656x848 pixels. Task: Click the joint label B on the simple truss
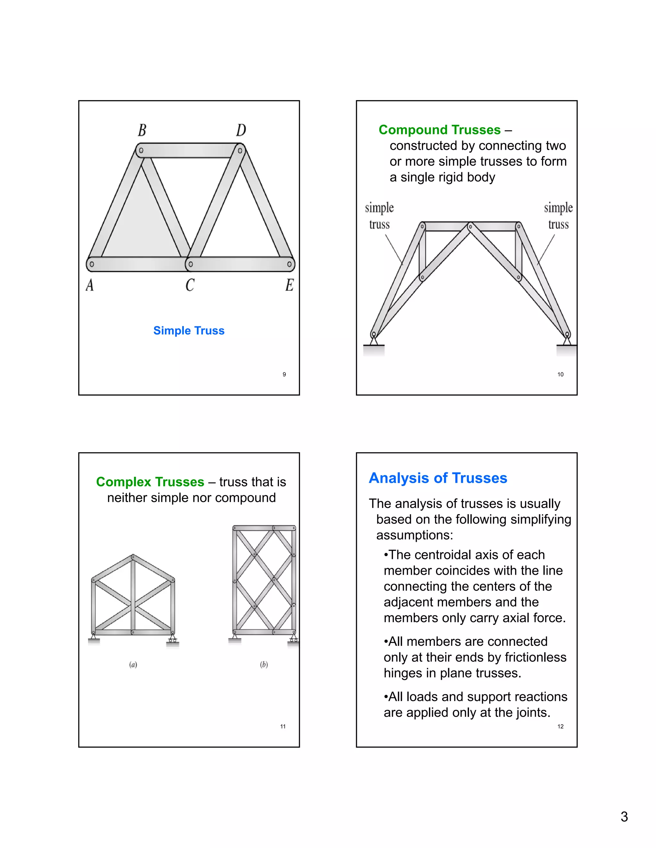point(142,130)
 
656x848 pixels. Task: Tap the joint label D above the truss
point(241,130)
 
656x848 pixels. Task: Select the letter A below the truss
point(90,285)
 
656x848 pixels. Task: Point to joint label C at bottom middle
point(190,285)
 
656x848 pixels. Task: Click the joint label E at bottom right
point(290,285)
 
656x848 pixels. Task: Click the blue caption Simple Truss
point(189,331)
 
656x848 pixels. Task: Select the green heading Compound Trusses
point(439,130)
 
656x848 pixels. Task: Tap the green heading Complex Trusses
point(150,482)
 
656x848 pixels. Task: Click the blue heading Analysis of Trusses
point(438,478)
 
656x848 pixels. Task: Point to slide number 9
point(284,374)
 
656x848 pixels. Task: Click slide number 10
point(560,374)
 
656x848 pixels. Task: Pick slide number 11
point(283,726)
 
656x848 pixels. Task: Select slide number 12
point(560,726)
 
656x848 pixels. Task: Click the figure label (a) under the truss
point(133,664)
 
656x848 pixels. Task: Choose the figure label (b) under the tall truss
point(264,664)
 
